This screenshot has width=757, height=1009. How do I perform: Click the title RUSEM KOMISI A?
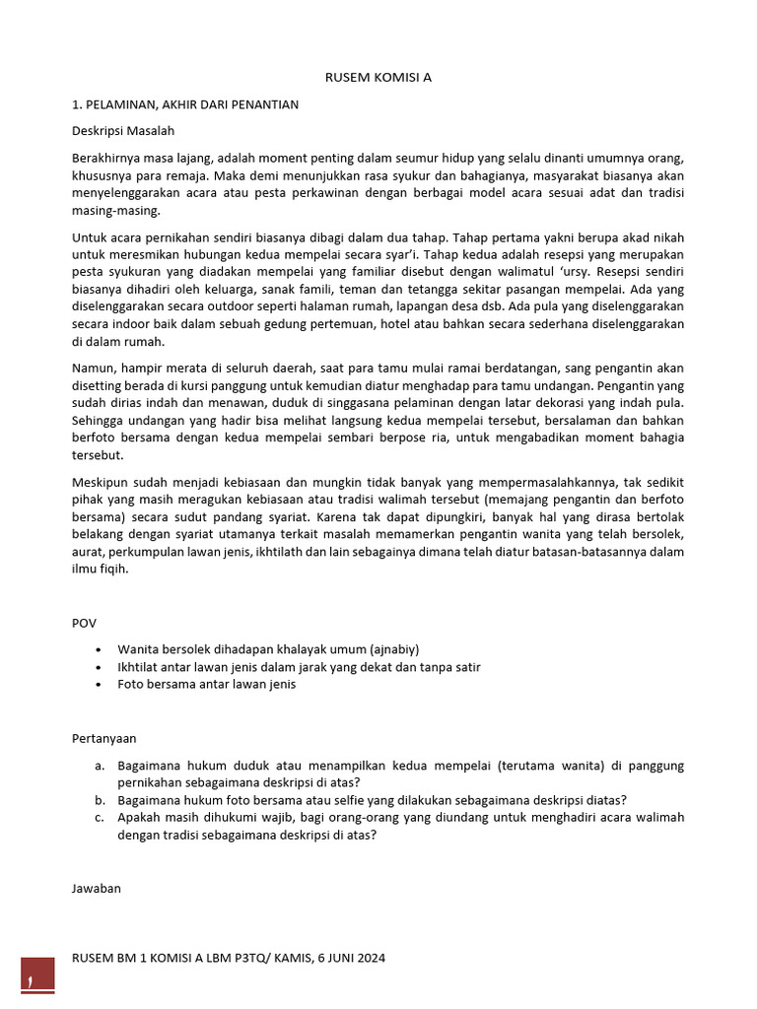pyautogui.click(x=378, y=77)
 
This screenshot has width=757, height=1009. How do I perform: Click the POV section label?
pyautogui.click(x=85, y=623)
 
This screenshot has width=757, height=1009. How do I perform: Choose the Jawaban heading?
pyautogui.click(x=97, y=888)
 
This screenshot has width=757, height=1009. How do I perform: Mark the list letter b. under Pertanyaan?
pyautogui.click(x=101, y=800)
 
